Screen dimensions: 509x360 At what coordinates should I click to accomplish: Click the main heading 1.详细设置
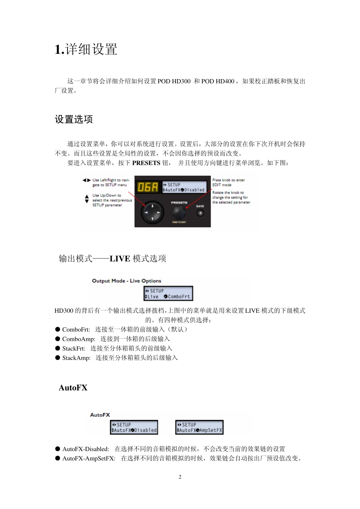point(86,49)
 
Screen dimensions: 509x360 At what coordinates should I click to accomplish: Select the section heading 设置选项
point(74,119)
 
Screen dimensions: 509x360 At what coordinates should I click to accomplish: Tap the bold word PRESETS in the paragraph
point(146,163)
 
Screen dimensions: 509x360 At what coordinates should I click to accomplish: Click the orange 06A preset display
point(148,187)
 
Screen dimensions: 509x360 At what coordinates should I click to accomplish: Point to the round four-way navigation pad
point(153,212)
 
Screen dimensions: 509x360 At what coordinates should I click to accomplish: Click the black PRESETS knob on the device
point(179,212)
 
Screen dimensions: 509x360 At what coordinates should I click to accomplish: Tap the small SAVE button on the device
point(200,213)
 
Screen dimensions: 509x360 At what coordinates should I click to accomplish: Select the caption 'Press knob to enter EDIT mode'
point(229,183)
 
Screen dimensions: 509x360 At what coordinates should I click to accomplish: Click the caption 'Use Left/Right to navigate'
point(110,183)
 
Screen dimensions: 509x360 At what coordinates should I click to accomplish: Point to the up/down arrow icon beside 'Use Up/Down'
point(87,199)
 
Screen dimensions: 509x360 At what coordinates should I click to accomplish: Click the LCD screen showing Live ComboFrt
point(168,294)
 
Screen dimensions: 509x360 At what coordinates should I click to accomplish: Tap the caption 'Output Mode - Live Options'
point(127,281)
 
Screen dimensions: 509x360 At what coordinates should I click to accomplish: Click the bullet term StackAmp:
point(76,358)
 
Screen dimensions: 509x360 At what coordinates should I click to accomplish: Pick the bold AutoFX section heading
point(73,387)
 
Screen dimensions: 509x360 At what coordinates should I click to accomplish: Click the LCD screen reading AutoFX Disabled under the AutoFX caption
point(134,428)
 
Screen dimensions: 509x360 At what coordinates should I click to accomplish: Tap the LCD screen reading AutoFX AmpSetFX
point(199,428)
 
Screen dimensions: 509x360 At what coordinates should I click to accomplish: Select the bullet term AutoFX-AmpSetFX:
point(89,458)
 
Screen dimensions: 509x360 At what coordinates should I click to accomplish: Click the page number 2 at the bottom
point(180,477)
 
